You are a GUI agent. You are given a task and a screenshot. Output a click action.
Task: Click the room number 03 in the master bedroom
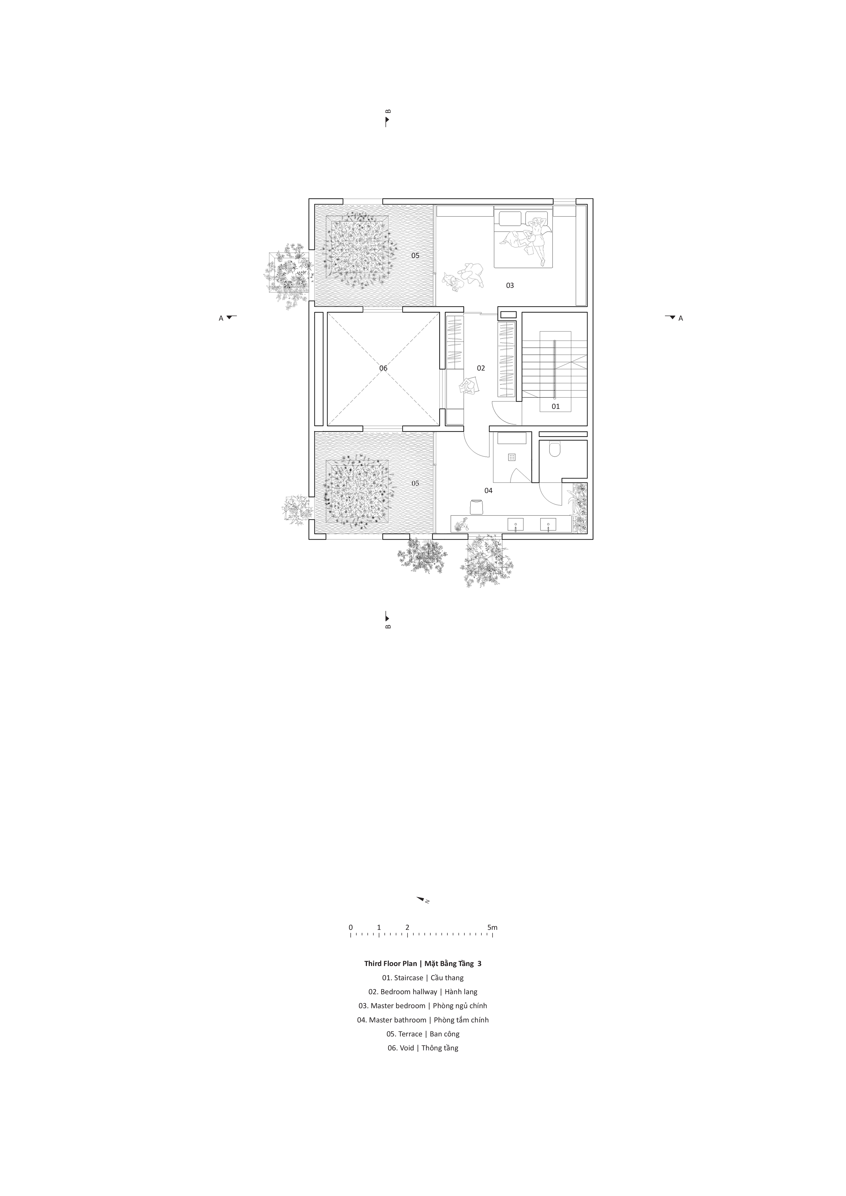point(510,285)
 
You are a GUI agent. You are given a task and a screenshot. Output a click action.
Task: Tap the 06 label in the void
point(383,368)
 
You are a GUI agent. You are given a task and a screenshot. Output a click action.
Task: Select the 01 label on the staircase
point(556,406)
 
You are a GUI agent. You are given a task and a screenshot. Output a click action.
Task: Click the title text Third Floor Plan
point(391,964)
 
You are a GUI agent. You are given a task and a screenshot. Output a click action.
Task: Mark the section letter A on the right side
point(680,318)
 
